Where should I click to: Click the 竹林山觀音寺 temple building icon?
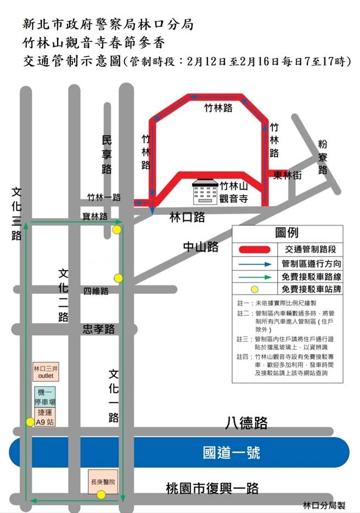point(204,192)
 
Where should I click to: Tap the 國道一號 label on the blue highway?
point(231,453)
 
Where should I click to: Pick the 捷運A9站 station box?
point(43,417)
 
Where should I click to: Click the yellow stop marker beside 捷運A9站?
point(30,422)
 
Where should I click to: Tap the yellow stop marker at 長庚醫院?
point(101,495)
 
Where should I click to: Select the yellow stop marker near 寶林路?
point(116,230)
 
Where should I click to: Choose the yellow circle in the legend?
point(255,289)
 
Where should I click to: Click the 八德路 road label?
point(246,423)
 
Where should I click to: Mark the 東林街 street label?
point(288,175)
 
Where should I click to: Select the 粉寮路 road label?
point(323,157)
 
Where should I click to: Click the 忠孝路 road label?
point(99,329)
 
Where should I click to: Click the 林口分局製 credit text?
point(328,504)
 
